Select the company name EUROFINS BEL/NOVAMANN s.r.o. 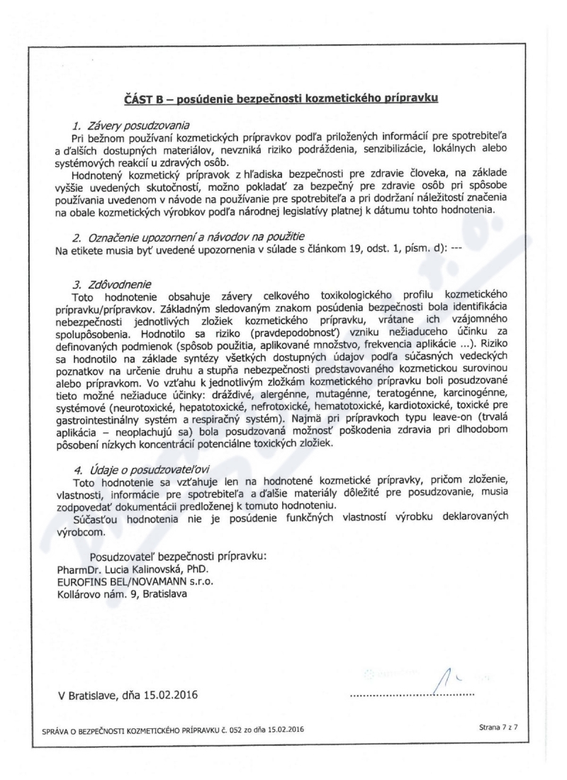click(135, 580)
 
